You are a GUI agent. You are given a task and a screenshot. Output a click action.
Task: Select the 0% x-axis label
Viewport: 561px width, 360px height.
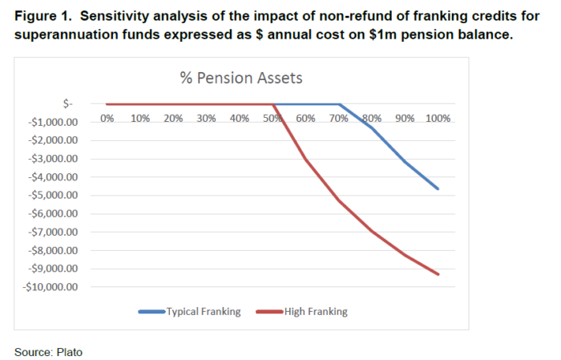[x=107, y=118]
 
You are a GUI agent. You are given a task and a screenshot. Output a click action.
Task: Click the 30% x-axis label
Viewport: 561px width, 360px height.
[x=206, y=118]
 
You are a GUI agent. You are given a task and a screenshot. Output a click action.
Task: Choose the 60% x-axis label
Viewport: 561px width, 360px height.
[x=305, y=118]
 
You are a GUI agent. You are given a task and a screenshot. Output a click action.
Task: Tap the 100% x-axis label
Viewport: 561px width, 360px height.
[x=438, y=118]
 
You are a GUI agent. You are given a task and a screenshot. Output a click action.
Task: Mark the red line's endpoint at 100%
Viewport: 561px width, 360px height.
[x=438, y=274]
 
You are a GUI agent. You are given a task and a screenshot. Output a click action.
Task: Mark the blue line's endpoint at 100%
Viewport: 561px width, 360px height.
[x=438, y=188]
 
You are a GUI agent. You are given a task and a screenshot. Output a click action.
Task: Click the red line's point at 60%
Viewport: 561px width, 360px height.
[x=305, y=159]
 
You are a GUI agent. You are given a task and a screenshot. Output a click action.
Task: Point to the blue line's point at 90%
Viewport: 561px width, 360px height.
[x=405, y=161]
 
